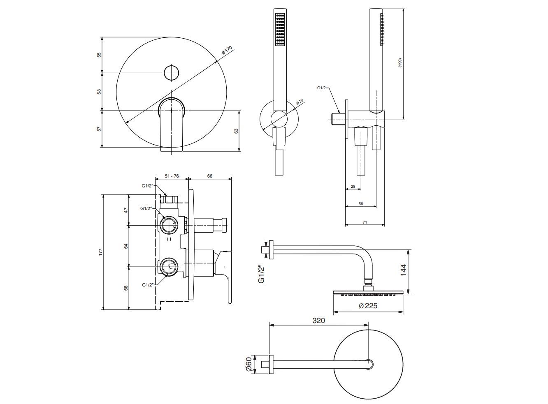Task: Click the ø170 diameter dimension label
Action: [x=227, y=51]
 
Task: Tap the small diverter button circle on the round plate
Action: [x=172, y=73]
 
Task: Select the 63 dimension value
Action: [x=236, y=131]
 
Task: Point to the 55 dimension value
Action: [x=99, y=55]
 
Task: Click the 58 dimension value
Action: [x=99, y=92]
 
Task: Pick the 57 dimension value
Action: [x=99, y=129]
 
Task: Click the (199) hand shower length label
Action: [x=400, y=62]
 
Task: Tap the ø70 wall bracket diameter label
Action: [x=300, y=102]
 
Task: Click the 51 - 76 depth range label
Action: [x=172, y=176]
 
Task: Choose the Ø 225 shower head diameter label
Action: [x=368, y=306]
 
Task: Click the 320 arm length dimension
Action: [x=318, y=321]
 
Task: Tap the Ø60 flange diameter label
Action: [x=248, y=365]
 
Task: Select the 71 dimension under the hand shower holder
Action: [x=365, y=222]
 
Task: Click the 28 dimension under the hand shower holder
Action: [x=353, y=187]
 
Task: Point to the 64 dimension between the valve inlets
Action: [x=126, y=246]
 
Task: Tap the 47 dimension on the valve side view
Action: [x=126, y=210]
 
